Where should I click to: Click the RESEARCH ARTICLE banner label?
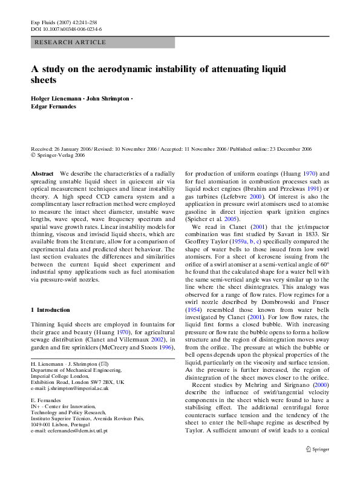[x=70, y=42]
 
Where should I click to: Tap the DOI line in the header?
[x=66, y=29]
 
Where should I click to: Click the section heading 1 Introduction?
[x=50, y=309]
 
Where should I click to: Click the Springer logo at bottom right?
[x=318, y=449]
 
